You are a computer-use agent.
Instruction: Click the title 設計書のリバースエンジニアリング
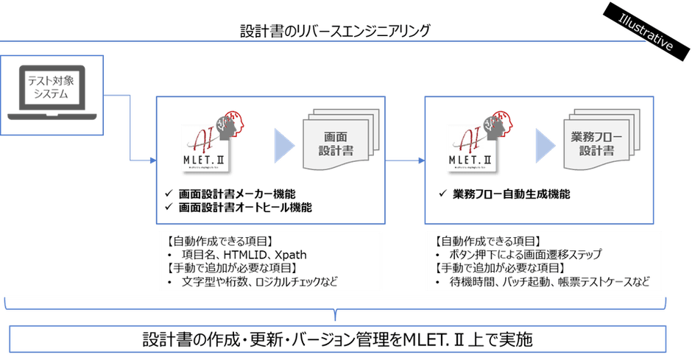335,31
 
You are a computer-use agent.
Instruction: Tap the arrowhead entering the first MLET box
150,158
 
